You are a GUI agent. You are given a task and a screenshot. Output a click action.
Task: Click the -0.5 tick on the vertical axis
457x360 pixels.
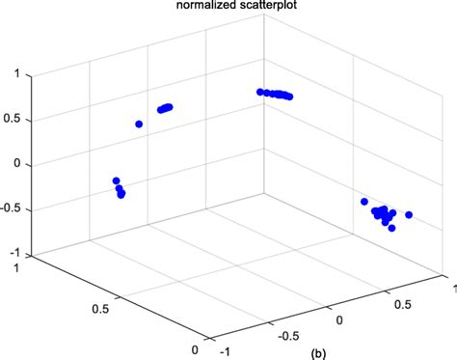[x=12, y=209]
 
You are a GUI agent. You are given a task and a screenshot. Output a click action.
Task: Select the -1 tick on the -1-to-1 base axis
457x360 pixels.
[x=226, y=352]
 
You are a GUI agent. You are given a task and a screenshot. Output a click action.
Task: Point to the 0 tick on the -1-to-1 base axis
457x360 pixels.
[x=338, y=318]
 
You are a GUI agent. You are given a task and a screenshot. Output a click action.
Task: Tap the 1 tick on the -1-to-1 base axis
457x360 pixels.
[x=447, y=286]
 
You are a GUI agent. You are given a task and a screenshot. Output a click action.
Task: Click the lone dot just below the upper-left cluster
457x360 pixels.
[x=140, y=124]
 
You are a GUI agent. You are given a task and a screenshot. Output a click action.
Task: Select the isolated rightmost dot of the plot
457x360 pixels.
[x=409, y=214]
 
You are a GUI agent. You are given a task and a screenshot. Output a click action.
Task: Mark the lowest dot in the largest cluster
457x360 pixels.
[x=391, y=228]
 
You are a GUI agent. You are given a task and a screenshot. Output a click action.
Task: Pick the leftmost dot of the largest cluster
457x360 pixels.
[x=364, y=202]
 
